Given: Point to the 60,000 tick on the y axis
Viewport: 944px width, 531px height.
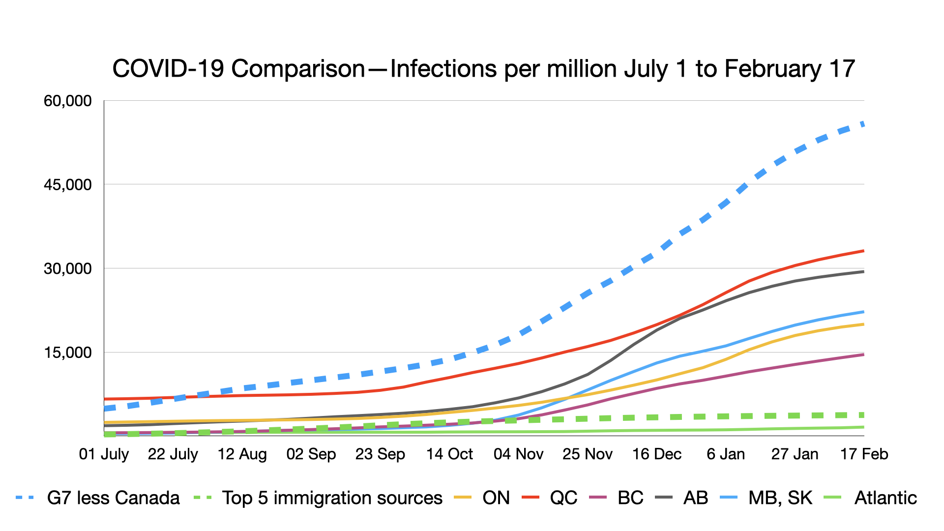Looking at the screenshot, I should (67, 101).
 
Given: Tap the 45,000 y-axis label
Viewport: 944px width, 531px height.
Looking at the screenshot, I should (67, 185).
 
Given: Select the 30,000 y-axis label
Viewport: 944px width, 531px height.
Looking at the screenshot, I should (67, 268).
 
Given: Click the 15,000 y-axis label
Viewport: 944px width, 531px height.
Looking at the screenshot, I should (67, 353).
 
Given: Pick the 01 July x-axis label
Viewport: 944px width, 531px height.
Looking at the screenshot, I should (104, 454).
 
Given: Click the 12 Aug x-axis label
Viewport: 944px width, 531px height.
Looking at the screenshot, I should (242, 454).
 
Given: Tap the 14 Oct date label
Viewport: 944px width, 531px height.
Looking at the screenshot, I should (449, 454).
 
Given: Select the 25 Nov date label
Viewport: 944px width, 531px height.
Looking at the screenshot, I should (588, 454).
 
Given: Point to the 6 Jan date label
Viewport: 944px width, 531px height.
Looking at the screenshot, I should (726, 454).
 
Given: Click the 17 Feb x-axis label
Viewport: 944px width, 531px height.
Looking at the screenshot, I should (864, 454).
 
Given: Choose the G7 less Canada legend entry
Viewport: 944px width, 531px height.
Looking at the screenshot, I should (113, 498).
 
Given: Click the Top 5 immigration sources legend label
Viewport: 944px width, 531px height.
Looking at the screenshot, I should (332, 498).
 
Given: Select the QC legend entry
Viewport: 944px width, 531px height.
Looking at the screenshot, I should (563, 498).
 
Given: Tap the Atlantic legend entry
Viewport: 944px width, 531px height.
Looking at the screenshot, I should (885, 498).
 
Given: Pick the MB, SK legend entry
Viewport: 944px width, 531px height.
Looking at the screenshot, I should (780, 498).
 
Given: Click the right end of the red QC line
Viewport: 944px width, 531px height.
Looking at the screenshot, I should (863, 251).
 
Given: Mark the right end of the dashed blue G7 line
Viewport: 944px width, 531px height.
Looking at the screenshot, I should (863, 124).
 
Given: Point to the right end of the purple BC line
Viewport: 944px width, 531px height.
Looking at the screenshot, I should (863, 354).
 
